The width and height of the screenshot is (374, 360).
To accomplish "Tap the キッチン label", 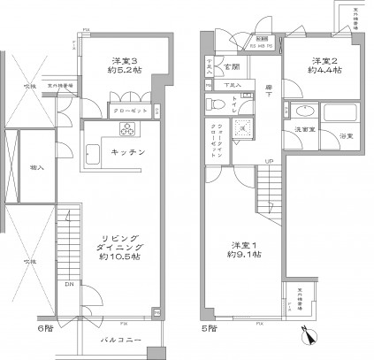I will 129,152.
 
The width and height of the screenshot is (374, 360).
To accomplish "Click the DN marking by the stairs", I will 69,285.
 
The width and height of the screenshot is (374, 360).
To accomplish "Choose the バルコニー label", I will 121,338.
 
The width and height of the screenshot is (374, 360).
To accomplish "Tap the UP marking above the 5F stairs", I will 268,161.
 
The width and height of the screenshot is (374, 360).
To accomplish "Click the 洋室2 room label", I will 320,60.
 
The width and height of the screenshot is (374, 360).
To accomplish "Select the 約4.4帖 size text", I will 320,73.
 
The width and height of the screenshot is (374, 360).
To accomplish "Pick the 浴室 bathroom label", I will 346,135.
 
